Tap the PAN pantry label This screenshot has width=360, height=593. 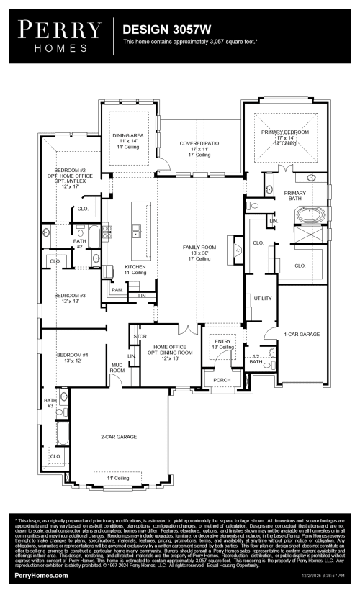click(117, 290)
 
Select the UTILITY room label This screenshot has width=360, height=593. click(261, 298)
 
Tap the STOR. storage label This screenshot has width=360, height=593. click(140, 335)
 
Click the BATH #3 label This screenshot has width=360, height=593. click(50, 403)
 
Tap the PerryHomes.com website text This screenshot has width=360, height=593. click(42, 576)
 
